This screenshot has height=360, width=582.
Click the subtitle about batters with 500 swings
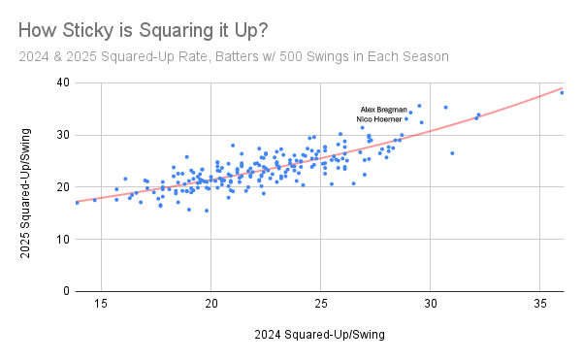click(233, 57)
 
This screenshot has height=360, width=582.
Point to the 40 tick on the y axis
click(62, 82)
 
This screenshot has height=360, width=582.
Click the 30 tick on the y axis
click(62, 135)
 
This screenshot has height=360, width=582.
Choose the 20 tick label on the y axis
click(62, 186)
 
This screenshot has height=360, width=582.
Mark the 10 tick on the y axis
click(62, 239)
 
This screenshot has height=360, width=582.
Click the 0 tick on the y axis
click(65, 291)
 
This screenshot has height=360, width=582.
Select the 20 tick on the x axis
click(210, 304)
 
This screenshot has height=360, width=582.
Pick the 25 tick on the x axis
click(320, 304)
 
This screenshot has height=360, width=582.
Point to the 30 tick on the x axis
click(430, 304)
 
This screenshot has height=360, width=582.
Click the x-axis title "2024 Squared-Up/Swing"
click(320, 336)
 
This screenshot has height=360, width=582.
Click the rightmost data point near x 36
click(562, 92)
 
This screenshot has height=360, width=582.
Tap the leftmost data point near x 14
click(77, 202)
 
